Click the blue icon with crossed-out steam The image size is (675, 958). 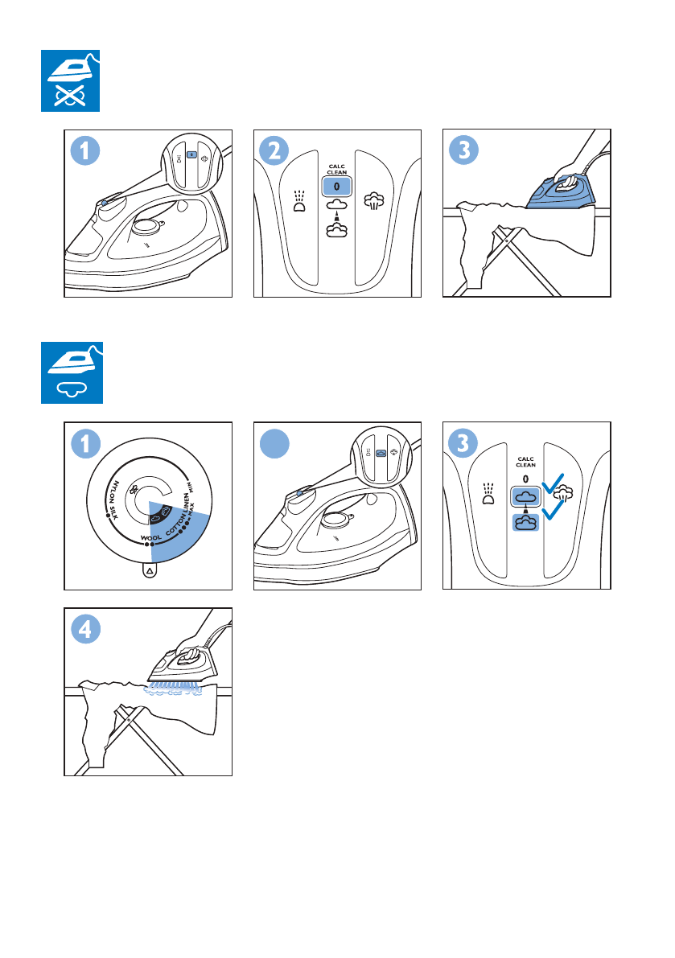[x=71, y=81]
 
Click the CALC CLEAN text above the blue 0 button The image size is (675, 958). [x=336, y=170]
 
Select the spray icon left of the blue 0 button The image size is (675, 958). [x=299, y=199]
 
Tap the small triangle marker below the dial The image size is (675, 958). [x=150, y=570]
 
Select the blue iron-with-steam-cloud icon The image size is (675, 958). [x=71, y=373]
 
